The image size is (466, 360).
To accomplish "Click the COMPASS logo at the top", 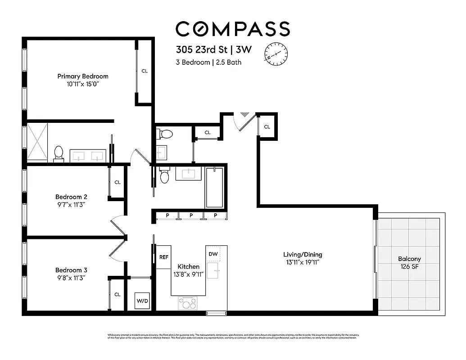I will click(x=232, y=29).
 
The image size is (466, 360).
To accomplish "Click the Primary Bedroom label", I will click(x=83, y=76).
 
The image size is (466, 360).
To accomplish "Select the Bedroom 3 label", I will click(x=71, y=270).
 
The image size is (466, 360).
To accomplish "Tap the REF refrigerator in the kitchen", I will click(x=164, y=257).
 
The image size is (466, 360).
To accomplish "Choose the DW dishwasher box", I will click(x=213, y=254).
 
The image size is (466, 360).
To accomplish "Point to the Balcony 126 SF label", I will click(x=409, y=262).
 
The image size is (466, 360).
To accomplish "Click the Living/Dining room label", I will click(x=303, y=255).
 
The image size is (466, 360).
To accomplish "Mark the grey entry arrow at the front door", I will click(x=244, y=115).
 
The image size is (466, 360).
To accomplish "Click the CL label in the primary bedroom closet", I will click(x=145, y=71).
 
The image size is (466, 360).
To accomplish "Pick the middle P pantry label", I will click(x=191, y=216).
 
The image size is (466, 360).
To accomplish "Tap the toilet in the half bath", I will click(x=166, y=134).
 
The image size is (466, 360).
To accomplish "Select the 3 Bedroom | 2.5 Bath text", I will click(x=208, y=63).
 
